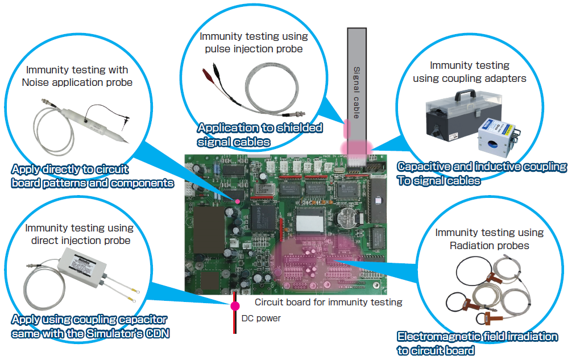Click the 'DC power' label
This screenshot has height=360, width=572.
261,318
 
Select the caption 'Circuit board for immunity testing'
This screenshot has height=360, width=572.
328,302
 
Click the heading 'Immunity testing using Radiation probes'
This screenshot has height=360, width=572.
489,239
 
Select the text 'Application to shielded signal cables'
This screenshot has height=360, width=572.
260,134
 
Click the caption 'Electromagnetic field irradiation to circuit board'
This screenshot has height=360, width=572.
477,344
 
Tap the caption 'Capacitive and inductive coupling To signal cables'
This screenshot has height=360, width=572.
482,173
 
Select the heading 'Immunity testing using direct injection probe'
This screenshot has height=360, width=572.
79,234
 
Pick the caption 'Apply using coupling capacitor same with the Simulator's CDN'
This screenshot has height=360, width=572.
90,326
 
